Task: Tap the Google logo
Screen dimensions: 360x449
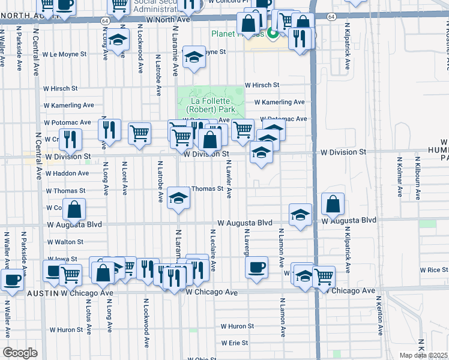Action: (20, 353)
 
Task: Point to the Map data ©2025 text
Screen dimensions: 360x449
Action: (423, 355)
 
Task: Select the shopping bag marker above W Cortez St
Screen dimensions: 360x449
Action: (74, 210)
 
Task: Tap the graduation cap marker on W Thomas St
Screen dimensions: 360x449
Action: (178, 199)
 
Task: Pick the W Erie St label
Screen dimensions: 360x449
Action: (234, 343)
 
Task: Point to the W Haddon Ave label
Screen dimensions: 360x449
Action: (66, 173)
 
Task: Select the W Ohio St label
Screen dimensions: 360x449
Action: (202, 358)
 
